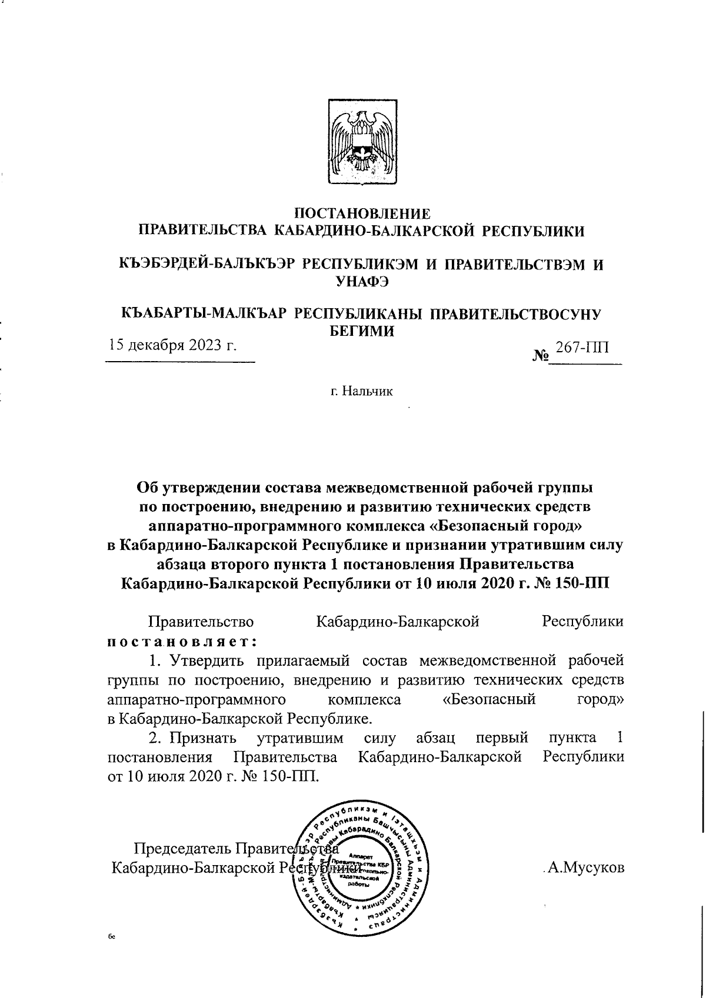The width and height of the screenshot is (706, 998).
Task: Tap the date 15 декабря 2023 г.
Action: click(171, 345)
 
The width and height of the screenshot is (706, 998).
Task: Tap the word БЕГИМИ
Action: click(361, 331)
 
